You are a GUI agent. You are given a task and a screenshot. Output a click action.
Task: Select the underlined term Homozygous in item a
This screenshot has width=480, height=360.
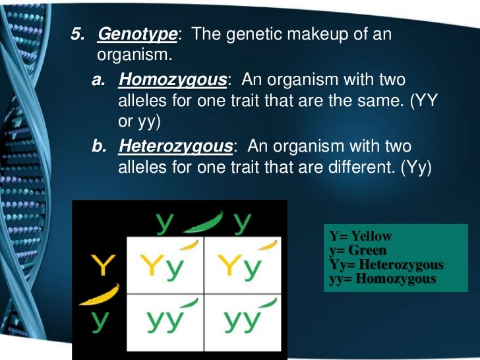coord(172,80)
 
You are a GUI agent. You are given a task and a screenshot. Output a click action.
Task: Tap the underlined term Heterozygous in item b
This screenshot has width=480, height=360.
coord(175,146)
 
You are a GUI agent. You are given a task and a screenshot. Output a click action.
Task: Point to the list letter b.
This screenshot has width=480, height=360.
coord(98,146)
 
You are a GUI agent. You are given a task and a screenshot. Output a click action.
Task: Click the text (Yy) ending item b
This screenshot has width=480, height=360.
coord(415,167)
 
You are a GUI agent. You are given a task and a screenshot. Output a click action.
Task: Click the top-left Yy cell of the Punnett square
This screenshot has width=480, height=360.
coord(164,266)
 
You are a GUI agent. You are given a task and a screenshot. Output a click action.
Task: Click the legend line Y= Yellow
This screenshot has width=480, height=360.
coord(361,236)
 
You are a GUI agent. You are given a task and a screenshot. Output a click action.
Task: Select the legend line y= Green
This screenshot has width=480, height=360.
coord(358,251)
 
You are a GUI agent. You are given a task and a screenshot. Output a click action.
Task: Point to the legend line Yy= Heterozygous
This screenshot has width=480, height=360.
coord(386,265)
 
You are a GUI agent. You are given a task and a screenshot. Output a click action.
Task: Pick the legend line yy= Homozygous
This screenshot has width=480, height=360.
coord(382,279)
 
